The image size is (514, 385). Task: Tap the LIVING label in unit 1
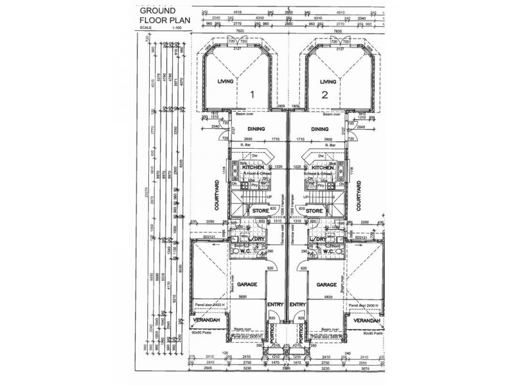pyautogui.click(x=225, y=82)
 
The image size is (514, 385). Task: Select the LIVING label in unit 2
pyautogui.click(x=328, y=82)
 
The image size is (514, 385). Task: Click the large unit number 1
pyautogui.click(x=253, y=94)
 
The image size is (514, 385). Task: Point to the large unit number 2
pyautogui.click(x=325, y=95)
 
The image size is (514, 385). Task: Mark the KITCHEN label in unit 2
pyautogui.click(x=321, y=167)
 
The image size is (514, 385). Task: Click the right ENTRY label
pyautogui.click(x=297, y=305)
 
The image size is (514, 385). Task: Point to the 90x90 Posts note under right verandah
pyautogui.click(x=371, y=334)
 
